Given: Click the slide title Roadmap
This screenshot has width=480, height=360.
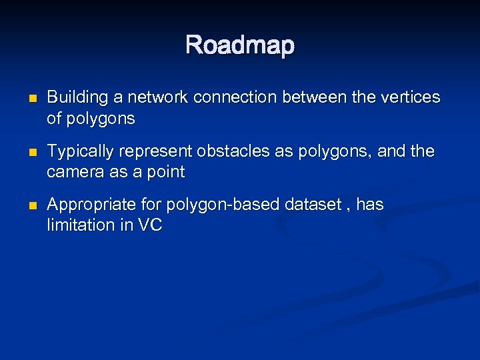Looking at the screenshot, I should pyautogui.click(x=240, y=45).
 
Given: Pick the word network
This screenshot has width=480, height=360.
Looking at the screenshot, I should pyautogui.click(x=157, y=97).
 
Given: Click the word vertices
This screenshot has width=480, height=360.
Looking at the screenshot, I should pyautogui.click(x=413, y=97).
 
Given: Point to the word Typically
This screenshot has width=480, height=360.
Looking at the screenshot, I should pyautogui.click(x=79, y=151).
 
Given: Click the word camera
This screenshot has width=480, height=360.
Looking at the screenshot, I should pyautogui.click(x=74, y=172).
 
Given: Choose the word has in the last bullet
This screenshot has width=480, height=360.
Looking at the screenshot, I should pyautogui.click(x=370, y=204).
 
